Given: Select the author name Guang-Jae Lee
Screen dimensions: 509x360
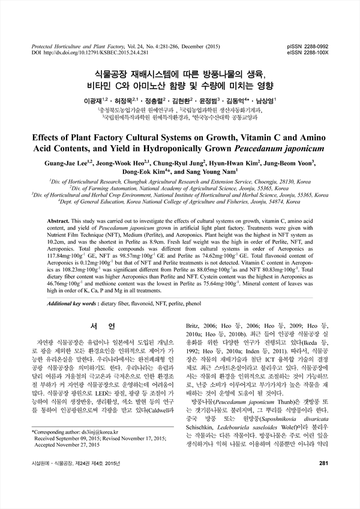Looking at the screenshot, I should pyautogui.click(x=65, y=162).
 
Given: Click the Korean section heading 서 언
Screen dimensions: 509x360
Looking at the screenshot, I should pyautogui.click(x=97, y=328).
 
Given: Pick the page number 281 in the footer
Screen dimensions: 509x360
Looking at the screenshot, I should pyautogui.click(x=325, y=497).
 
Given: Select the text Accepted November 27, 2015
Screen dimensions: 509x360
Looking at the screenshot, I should pyautogui.click(x=63, y=462).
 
